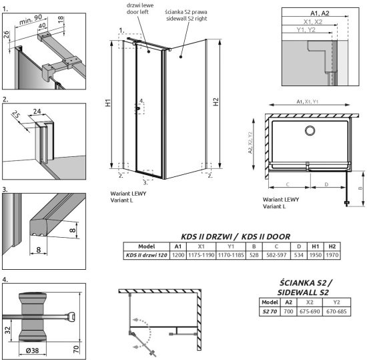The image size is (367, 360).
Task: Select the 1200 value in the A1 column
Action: (177, 254)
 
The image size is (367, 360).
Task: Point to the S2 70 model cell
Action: (268, 311)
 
